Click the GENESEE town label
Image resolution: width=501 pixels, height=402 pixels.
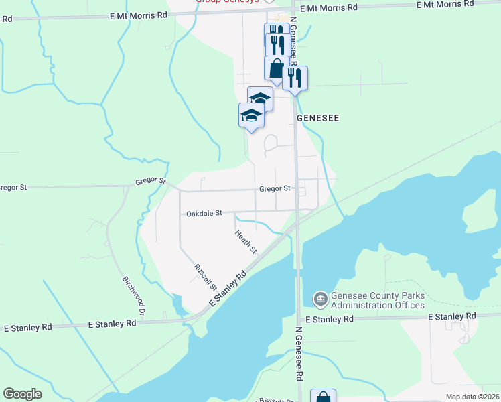pos(318,118)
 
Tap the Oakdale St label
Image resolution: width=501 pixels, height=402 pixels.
pos(204,213)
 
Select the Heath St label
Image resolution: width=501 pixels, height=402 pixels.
pos(246,241)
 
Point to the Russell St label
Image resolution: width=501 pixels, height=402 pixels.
pos(205,277)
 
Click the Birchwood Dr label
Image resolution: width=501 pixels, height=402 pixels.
pos(133,295)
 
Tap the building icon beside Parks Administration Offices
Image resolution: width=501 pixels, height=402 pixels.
pos(321,298)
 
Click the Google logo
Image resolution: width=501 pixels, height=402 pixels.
pos(22,394)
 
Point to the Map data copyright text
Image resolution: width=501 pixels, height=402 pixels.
pos(472,397)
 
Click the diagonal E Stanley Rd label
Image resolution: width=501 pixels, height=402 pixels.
pos(228,289)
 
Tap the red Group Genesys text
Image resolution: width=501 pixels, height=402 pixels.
pos(226,1)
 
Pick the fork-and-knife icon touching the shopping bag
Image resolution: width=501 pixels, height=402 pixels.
pos(295,78)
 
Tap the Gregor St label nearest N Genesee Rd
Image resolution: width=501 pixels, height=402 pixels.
pos(275,189)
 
